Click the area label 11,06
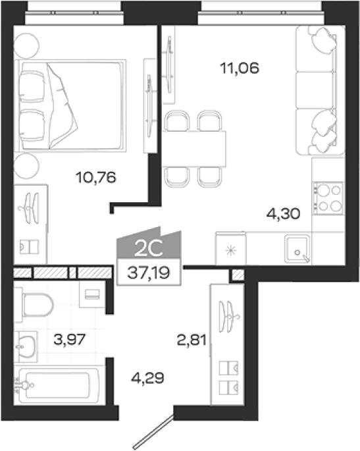pos(240,68)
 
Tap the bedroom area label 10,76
pos(96,178)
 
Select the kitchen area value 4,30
pos(283,214)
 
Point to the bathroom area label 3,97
pos(70,339)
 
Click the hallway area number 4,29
pos(147,378)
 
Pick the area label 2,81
pos(192,340)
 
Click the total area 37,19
pos(149,273)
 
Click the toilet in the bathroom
pos(34,305)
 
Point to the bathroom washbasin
pos(26,346)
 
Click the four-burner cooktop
pos(328,198)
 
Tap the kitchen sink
pos(297,249)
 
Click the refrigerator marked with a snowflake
pos(230,249)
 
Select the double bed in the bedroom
pos(70,105)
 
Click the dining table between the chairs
pos(194,149)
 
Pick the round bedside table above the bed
pos(26,45)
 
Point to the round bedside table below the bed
pos(26,166)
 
